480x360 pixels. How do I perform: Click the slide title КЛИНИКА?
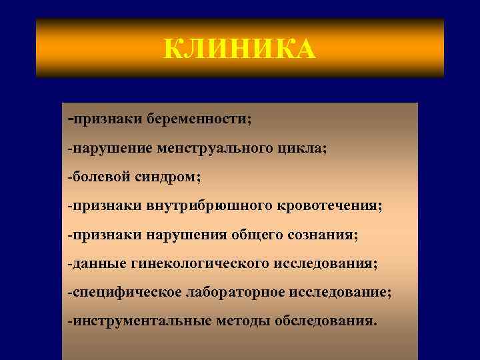coord(239,49)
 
